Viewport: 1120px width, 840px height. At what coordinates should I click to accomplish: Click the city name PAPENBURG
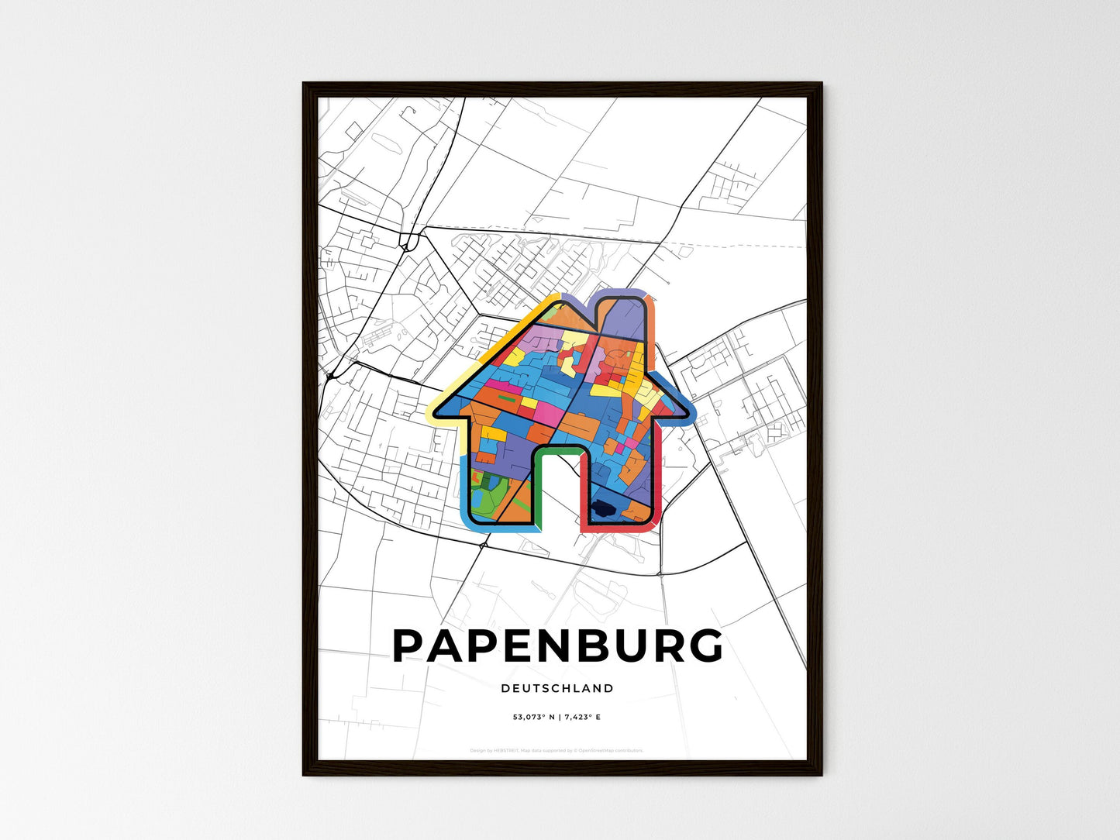(x=557, y=646)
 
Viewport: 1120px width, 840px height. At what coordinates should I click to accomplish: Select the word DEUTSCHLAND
(x=557, y=688)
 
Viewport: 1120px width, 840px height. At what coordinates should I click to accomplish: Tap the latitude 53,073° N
(x=534, y=718)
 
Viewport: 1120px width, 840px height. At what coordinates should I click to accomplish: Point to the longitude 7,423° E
(x=581, y=718)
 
